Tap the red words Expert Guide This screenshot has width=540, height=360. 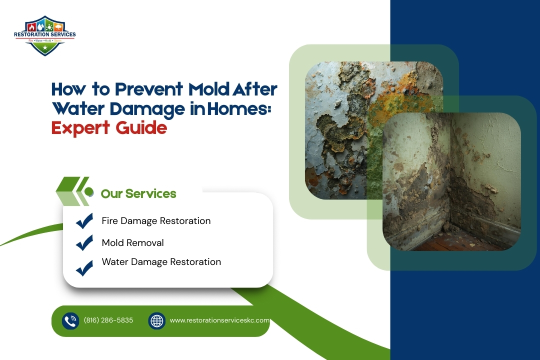click(109, 128)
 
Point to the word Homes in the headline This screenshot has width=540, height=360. click(243, 109)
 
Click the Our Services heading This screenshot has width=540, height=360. click(138, 193)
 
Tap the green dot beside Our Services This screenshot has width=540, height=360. click(89, 192)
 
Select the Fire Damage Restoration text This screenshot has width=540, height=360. click(156, 220)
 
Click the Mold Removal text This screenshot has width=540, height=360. click(132, 242)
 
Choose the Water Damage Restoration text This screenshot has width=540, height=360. click(161, 261)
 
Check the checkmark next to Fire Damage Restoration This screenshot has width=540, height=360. click(84, 220)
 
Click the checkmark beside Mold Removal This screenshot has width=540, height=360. click(84, 242)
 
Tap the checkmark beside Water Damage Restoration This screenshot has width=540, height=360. click(84, 268)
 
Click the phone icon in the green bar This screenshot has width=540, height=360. click(70, 320)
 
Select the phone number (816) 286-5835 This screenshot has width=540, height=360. click(108, 320)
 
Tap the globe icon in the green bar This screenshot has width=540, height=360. click(157, 320)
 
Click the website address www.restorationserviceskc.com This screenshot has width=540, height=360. click(219, 320)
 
